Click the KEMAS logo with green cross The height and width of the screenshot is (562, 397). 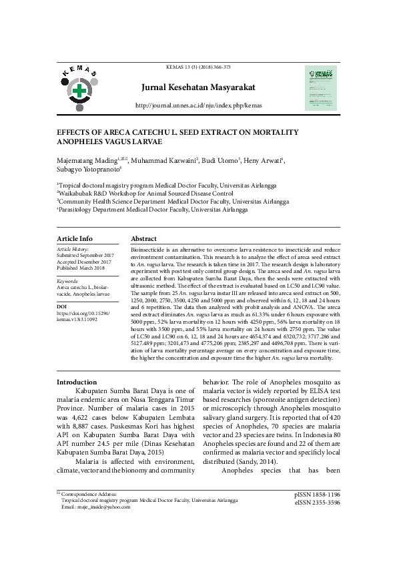click(80, 88)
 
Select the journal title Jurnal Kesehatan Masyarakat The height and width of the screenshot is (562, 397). click(198, 87)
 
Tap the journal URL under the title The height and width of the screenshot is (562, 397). click(198, 105)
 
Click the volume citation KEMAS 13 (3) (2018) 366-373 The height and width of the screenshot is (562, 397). click(198, 67)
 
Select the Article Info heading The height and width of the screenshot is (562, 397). click(75, 238)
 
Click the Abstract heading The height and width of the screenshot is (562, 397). click(143, 238)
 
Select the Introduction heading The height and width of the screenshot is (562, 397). click(77, 382)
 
